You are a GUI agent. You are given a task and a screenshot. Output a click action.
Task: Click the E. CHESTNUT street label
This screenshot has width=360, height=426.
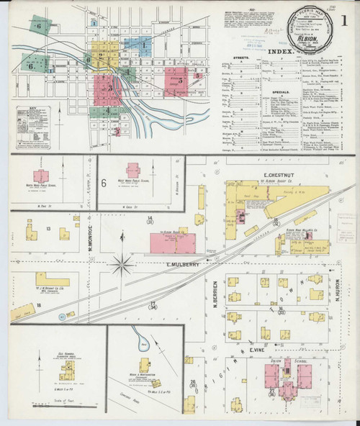point(276,175)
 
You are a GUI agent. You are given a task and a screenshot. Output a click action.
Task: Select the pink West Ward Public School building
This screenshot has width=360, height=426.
point(133,171)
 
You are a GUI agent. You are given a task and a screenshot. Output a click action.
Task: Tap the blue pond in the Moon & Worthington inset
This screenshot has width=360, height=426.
point(144,347)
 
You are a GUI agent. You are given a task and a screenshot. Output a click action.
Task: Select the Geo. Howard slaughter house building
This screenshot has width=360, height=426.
point(67,371)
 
